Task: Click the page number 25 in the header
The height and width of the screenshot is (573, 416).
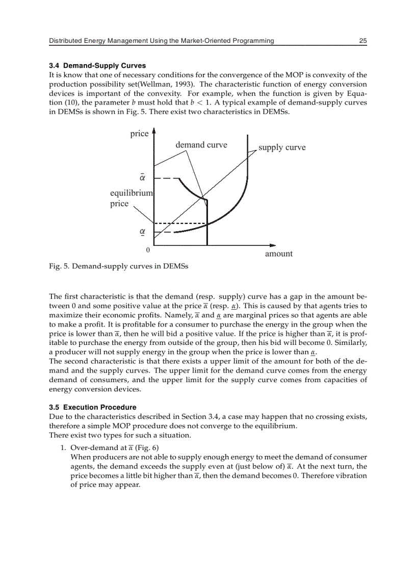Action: click(362, 41)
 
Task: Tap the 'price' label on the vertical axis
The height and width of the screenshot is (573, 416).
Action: click(139, 134)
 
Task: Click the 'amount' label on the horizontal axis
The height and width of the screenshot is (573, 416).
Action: click(278, 254)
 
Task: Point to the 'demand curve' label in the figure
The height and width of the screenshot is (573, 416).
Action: click(201, 145)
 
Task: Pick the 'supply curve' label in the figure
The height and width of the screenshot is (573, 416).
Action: click(282, 147)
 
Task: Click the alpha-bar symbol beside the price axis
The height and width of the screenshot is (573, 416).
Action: click(143, 178)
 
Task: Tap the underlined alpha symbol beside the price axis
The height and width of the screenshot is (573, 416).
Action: click(143, 232)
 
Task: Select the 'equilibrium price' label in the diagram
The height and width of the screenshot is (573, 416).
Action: click(131, 198)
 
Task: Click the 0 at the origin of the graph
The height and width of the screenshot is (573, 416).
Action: click(148, 251)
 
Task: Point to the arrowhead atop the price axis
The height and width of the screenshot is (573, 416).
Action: click(154, 131)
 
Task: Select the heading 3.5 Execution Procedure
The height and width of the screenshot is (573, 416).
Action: click(92, 407)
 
